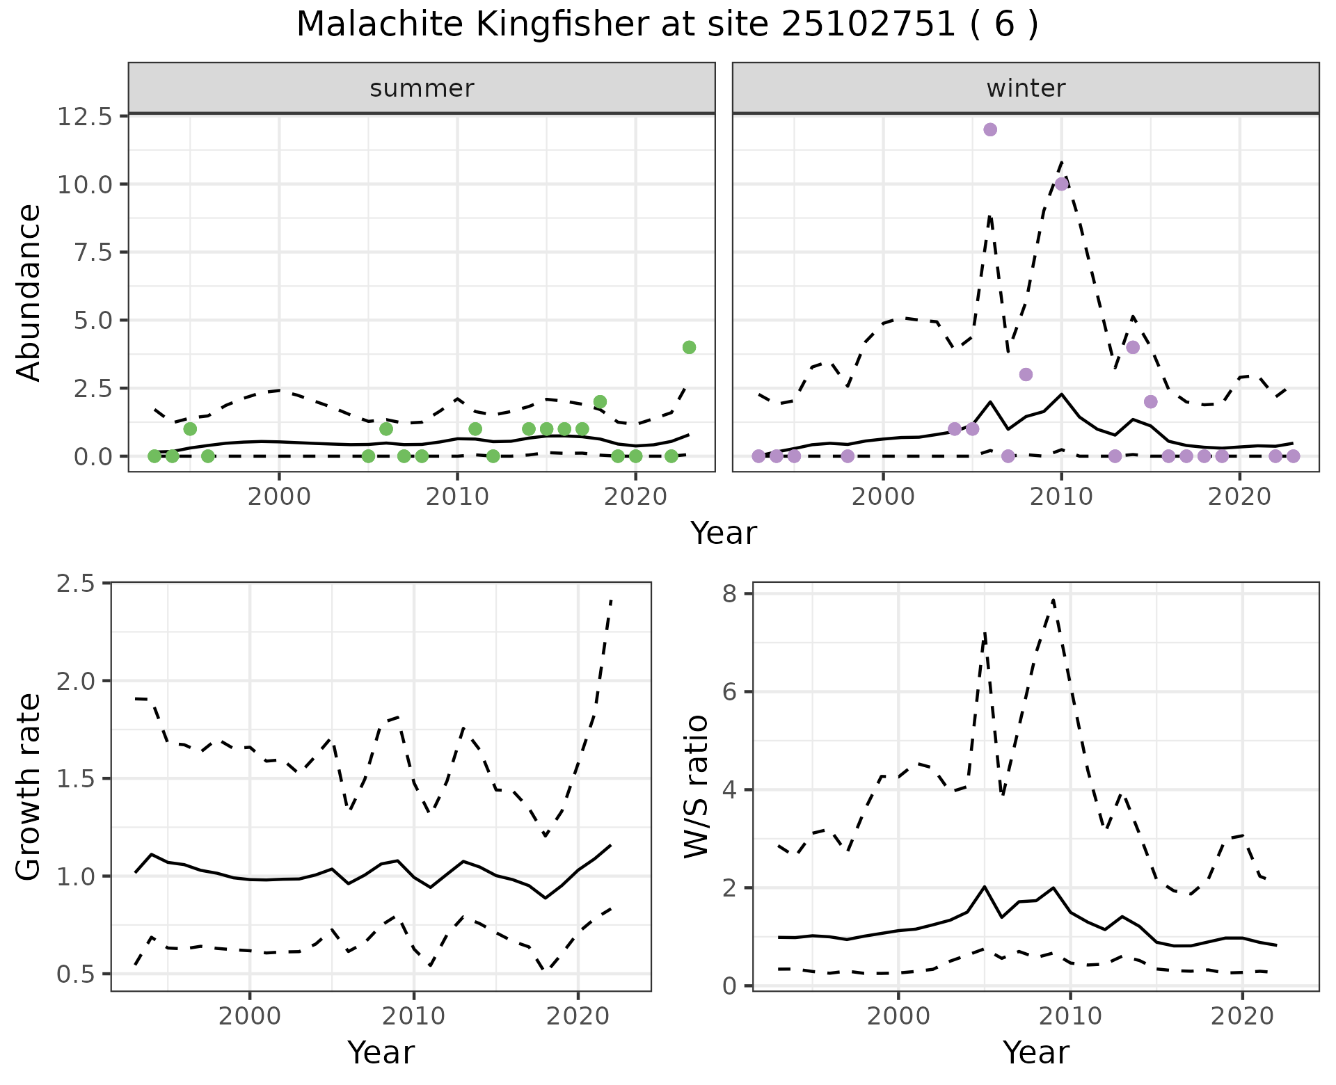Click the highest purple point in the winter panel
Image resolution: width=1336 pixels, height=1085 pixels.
coord(990,129)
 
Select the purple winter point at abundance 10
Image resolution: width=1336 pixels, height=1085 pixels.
coord(1061,184)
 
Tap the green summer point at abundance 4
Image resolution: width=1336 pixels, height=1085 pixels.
coord(689,347)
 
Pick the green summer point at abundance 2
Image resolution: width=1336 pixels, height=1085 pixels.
coord(600,401)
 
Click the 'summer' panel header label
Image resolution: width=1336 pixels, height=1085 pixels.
coord(422,88)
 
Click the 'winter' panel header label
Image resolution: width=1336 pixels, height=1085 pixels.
coord(1026,88)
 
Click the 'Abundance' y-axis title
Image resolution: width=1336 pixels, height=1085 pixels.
coord(29,292)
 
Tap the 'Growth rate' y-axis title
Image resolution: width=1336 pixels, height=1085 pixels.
coord(29,786)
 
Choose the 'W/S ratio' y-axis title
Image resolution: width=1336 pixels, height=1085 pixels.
coord(696,786)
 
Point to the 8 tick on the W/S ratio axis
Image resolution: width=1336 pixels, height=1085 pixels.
coord(731,593)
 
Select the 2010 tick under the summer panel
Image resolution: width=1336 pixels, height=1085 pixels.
coord(457,499)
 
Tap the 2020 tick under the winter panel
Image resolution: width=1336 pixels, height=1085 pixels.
coord(1239,499)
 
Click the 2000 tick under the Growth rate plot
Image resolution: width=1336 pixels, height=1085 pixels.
coord(250,1017)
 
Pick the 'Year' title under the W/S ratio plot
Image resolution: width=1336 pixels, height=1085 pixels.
coord(1035,1052)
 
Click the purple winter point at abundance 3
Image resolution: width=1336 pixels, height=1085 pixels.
coord(1026,374)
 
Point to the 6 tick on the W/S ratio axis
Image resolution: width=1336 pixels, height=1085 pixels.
coord(731,691)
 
